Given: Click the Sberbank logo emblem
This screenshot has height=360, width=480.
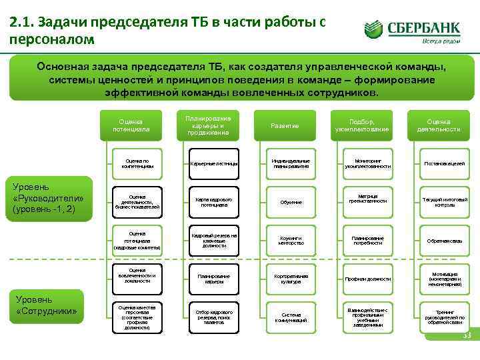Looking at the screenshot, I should pos(374,30).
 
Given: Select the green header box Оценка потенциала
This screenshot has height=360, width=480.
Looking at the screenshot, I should pos(131,125).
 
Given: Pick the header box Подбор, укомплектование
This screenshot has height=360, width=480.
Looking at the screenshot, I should pos(363,125).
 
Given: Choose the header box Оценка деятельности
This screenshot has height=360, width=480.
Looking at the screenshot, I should pos(440,125).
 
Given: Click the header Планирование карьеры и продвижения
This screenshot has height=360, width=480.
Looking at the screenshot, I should pos(209,125).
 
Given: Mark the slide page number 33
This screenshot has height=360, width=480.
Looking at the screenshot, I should pos(466,335).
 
